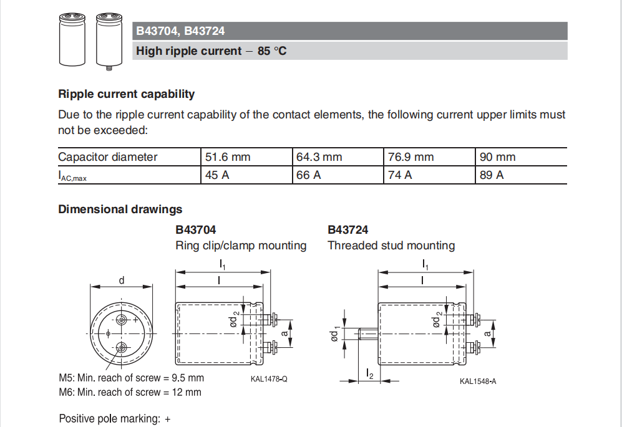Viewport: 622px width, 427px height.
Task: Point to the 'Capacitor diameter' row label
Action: tap(108, 157)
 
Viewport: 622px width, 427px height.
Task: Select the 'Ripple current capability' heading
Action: tap(126, 94)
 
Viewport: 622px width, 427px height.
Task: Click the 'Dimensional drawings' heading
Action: tap(120, 209)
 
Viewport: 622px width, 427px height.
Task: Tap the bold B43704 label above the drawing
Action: tap(196, 230)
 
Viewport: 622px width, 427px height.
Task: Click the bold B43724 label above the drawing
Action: tap(348, 230)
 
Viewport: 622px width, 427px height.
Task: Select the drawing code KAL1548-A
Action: tap(478, 381)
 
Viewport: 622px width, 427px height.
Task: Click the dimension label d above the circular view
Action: tap(122, 281)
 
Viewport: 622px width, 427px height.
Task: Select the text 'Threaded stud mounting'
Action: tap(391, 246)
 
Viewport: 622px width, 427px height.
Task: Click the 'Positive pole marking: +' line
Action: tap(115, 419)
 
